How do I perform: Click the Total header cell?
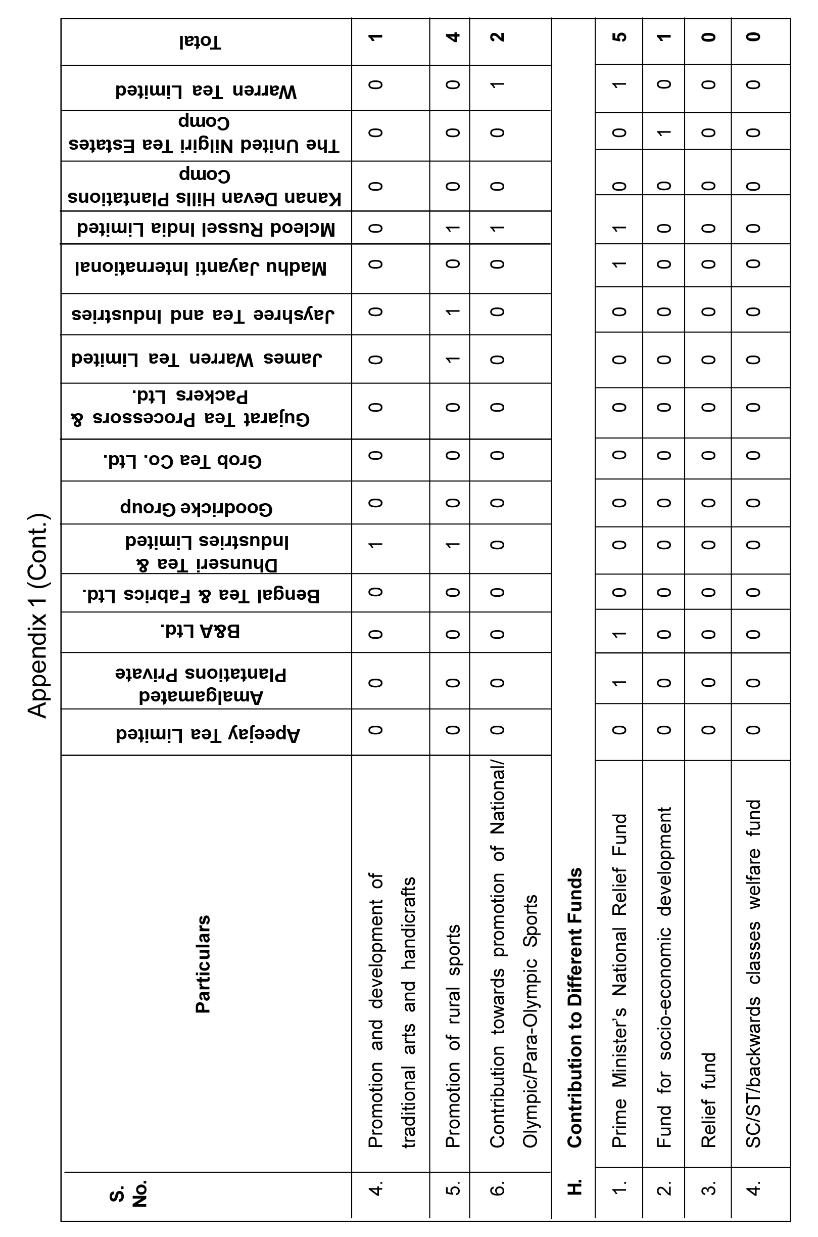[x=201, y=42]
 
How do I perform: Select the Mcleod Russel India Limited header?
[x=206, y=228]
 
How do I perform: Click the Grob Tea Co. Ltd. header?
[x=182, y=461]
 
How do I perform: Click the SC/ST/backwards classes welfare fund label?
[x=753, y=974]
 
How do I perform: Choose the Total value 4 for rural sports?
[x=453, y=37]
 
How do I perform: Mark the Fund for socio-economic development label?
[x=663, y=978]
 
